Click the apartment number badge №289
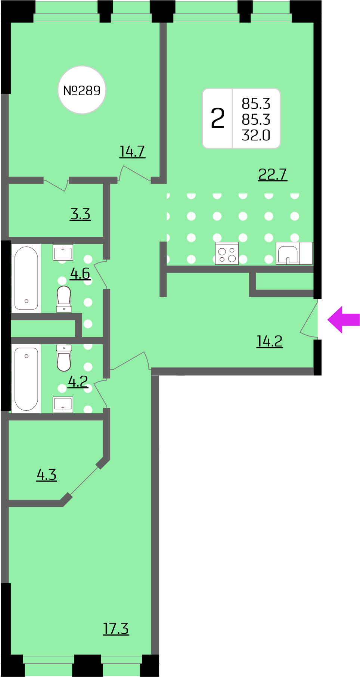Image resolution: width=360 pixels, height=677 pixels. (82, 90)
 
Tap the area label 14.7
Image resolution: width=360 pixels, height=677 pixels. (132, 152)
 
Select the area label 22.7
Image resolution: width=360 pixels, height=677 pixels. (273, 174)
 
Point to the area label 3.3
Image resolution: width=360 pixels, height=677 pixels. (80, 214)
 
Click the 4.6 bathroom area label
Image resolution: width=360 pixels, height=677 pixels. (80, 273)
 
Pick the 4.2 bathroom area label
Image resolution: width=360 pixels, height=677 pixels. (78, 381)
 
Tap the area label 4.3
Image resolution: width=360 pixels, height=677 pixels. (47, 475)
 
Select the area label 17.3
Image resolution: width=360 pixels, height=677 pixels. (116, 628)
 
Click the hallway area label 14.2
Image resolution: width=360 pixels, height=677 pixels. (270, 341)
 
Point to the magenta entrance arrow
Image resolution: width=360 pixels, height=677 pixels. (344, 320)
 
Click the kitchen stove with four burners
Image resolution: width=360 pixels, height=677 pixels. (227, 254)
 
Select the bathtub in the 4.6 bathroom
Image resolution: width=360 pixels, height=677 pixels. (26, 279)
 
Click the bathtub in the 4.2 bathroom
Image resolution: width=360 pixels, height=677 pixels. (26, 379)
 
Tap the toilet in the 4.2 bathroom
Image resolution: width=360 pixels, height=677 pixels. (64, 358)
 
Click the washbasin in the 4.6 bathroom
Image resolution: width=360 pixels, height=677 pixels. (63, 253)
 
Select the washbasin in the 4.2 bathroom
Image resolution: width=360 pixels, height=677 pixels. (63, 405)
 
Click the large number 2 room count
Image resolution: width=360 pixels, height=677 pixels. (218, 118)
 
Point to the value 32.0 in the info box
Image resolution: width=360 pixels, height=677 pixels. (256, 135)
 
